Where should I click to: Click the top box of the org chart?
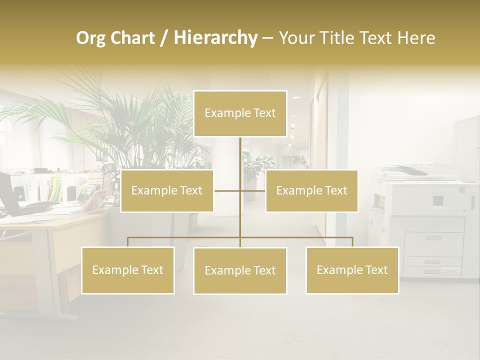click(x=240, y=113)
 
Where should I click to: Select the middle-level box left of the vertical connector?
click(x=167, y=191)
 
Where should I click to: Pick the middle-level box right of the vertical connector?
click(x=311, y=191)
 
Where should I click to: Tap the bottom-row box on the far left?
click(x=127, y=270)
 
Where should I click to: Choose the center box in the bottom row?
click(x=240, y=271)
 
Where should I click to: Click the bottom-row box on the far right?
click(x=352, y=270)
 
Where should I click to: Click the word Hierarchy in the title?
click(x=215, y=38)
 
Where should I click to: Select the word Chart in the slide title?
click(x=133, y=38)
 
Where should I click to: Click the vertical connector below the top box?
click(x=240, y=155)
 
